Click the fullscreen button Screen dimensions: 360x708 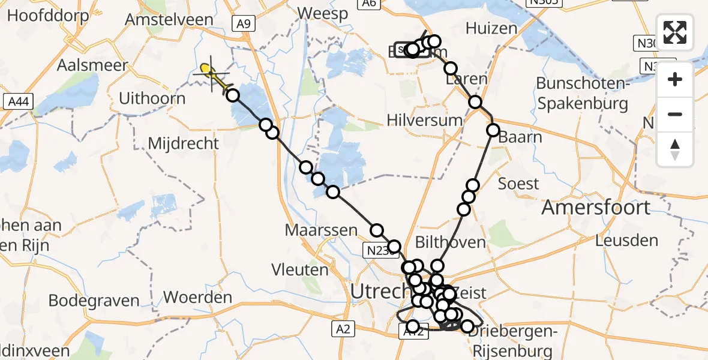click(675, 32)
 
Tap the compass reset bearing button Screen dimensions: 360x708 click(675, 149)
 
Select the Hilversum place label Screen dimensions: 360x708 click(425, 120)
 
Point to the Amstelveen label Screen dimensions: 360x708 click(169, 19)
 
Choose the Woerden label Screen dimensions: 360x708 click(197, 297)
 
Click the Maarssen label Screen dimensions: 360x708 click(321, 230)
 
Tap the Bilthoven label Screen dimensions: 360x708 click(451, 242)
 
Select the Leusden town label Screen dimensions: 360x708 click(626, 241)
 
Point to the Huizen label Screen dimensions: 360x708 click(491, 28)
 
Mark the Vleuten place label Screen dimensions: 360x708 click(300, 270)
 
